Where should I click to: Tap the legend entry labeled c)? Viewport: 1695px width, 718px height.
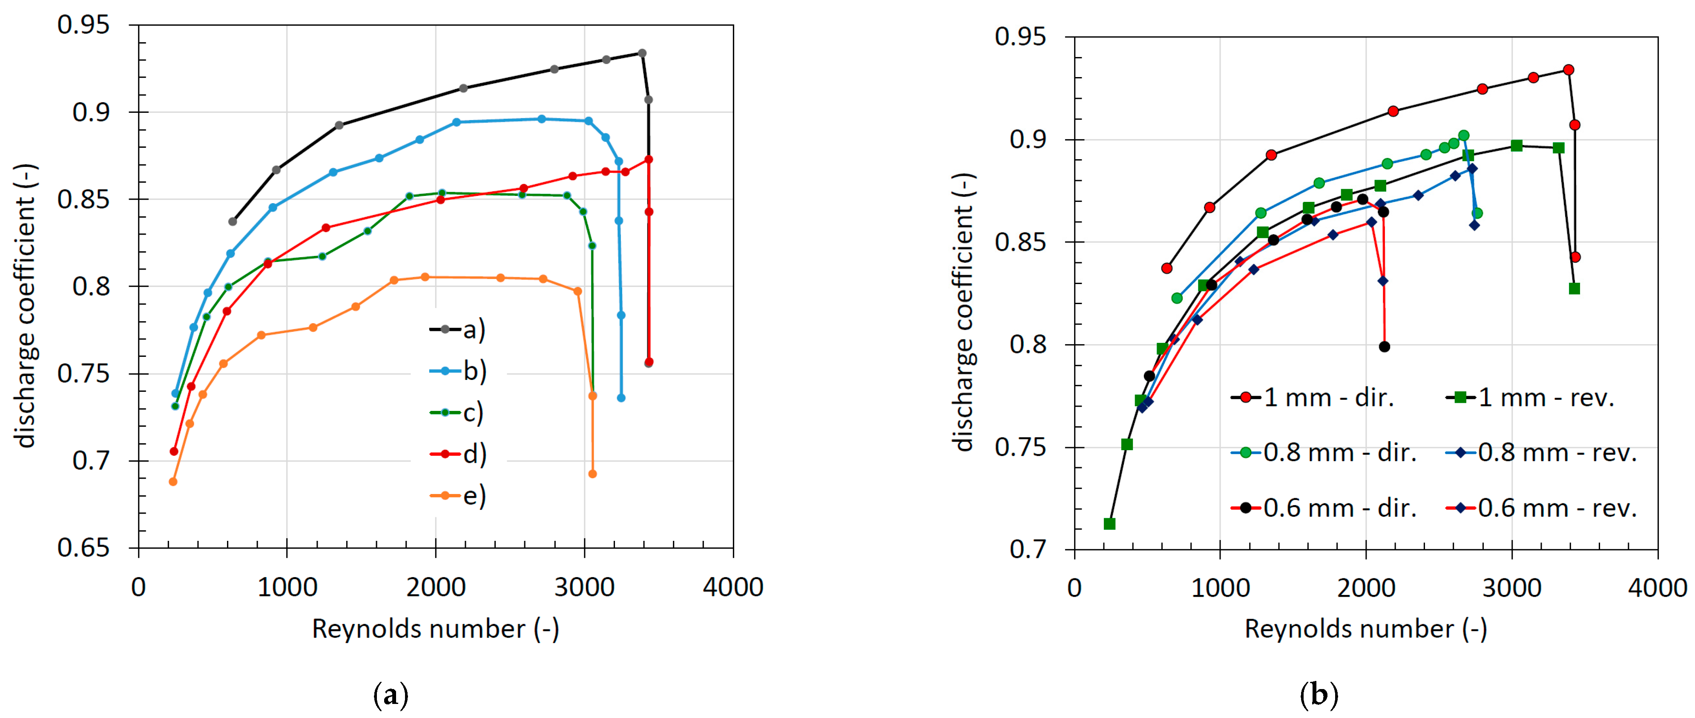pyautogui.click(x=459, y=413)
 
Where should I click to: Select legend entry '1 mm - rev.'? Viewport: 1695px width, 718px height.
pyautogui.click(x=1533, y=397)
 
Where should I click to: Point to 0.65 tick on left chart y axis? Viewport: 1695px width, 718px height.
pyautogui.click(x=83, y=548)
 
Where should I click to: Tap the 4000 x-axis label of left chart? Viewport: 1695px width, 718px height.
pyautogui.click(x=733, y=587)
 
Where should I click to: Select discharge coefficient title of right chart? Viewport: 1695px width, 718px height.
pyautogui.click(x=964, y=313)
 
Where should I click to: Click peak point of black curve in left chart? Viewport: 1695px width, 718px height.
pyautogui.click(x=642, y=53)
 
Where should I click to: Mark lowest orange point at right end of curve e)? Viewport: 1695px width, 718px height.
pyautogui.click(x=592, y=474)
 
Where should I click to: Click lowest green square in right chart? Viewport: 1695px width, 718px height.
pyautogui.click(x=1109, y=524)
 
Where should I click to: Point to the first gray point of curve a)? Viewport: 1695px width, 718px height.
pyautogui.click(x=232, y=221)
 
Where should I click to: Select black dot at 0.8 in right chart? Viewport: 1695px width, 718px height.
pyautogui.click(x=1385, y=347)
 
